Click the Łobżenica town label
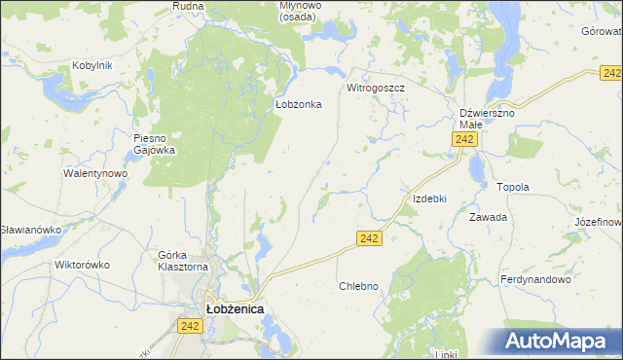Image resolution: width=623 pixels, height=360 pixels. coord(235,308)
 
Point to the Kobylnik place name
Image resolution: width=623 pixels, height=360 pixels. coord(92,66)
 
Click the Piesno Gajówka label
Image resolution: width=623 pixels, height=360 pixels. coord(154,144)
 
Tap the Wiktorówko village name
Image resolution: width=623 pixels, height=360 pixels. coord(82,265)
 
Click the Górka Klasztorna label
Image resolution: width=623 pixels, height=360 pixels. coord(183,261)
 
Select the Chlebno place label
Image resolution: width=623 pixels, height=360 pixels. coord(357,286)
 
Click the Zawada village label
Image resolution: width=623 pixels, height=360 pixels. coord(488,217)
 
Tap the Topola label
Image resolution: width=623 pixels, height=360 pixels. coord(512,187)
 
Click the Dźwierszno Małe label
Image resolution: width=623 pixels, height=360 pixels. coord(487,119)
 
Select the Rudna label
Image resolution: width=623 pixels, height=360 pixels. coord(187,6)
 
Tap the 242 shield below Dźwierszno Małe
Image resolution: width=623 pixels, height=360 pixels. coord(464,141)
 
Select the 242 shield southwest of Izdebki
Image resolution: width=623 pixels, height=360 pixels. coord(368,238)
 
